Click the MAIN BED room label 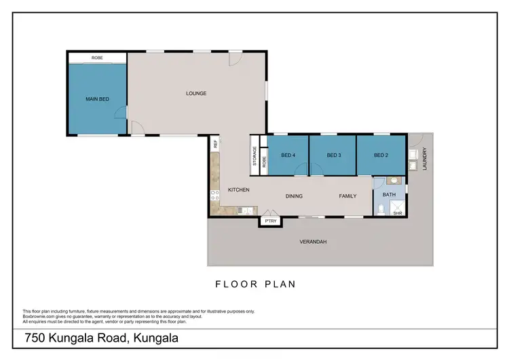[97, 99]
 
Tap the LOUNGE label [196, 93]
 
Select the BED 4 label [288, 156]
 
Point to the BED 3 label [333, 156]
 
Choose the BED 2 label [380, 156]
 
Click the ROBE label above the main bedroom [97, 58]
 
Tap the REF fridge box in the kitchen [215, 144]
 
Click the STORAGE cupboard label [255, 157]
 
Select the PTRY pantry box [271, 221]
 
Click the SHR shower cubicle [398, 209]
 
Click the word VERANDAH [313, 241]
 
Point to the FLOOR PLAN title [255, 285]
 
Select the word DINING [294, 196]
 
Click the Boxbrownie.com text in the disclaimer [42, 316]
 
